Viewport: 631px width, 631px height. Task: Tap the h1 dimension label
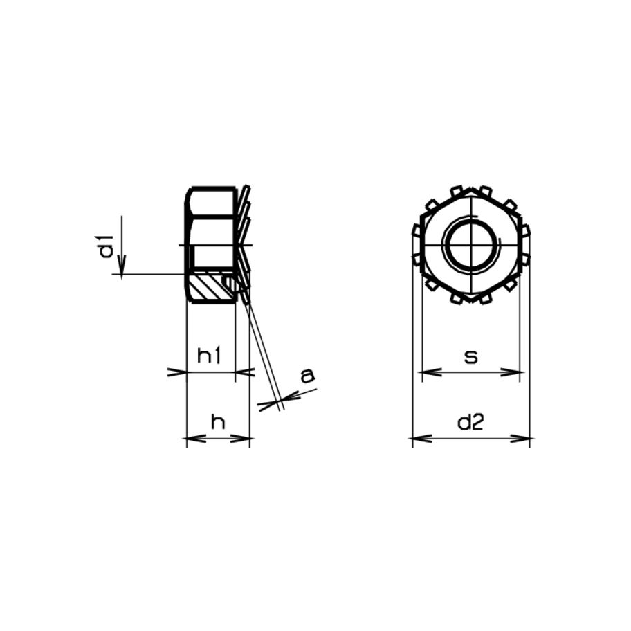click(209, 356)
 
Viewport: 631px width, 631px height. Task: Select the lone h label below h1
click(218, 422)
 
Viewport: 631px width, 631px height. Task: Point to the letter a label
click(307, 376)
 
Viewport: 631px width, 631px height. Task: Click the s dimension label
click(471, 356)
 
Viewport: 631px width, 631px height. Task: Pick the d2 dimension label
click(470, 423)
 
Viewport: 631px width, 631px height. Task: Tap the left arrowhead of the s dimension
click(431, 372)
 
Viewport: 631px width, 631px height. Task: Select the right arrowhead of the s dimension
click(511, 372)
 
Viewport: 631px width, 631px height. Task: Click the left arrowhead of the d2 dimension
click(423, 438)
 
